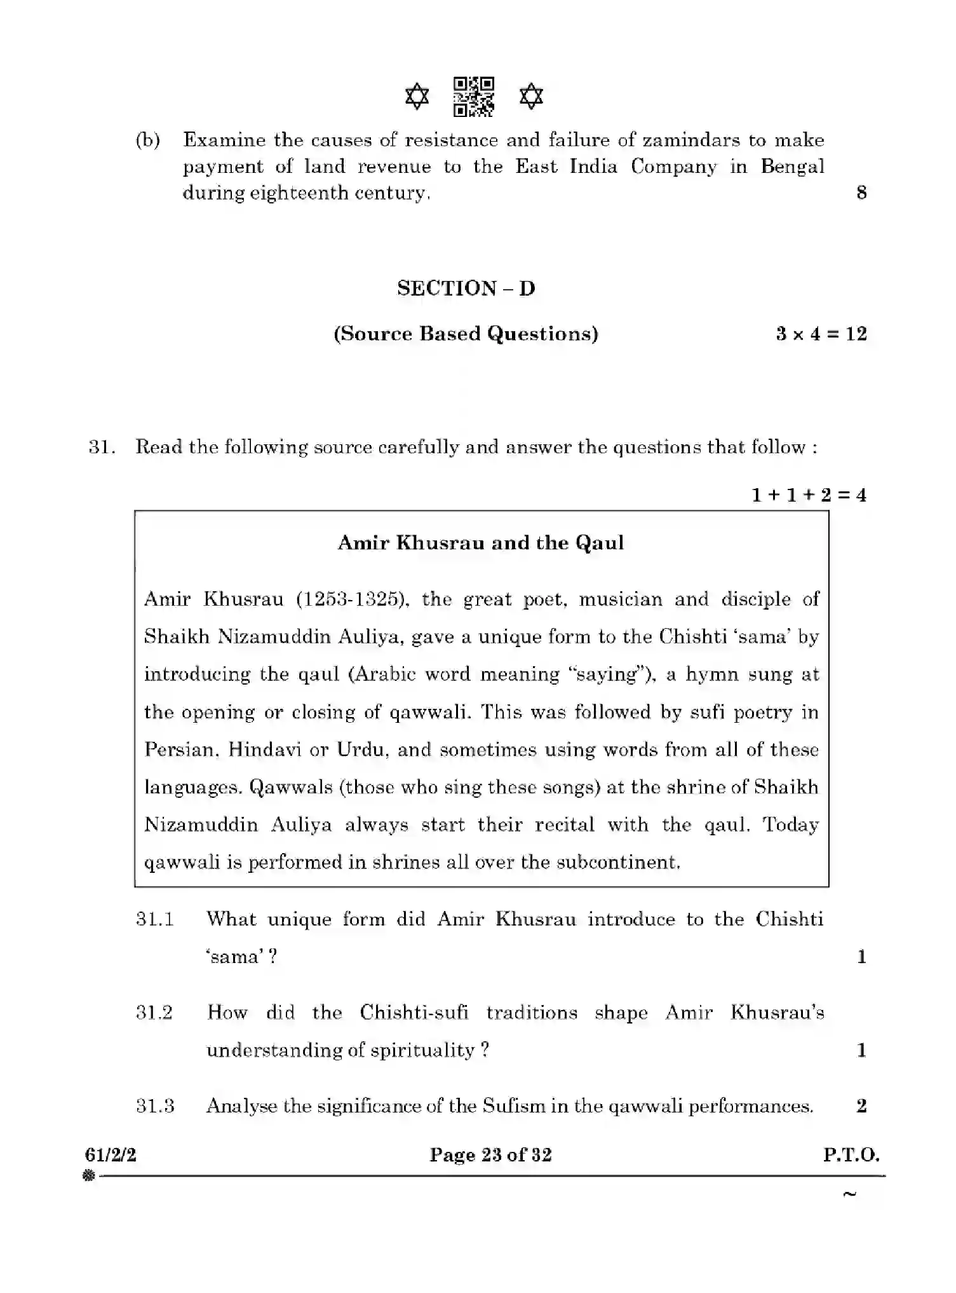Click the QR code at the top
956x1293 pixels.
(x=474, y=97)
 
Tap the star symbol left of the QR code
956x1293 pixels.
(x=417, y=97)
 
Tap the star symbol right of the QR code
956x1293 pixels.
(x=531, y=97)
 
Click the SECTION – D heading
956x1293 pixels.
(x=466, y=289)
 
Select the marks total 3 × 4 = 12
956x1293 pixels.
(x=821, y=334)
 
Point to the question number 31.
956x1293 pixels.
(x=101, y=447)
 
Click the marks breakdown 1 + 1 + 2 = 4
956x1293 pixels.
(x=809, y=495)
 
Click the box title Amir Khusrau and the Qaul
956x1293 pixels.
(x=481, y=543)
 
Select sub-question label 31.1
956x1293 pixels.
(x=155, y=919)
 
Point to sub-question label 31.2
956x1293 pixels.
(x=154, y=1013)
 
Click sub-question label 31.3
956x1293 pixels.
(x=155, y=1106)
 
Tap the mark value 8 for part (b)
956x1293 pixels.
(x=861, y=193)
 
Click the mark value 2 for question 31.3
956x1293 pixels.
(x=861, y=1106)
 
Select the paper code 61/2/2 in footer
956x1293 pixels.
(x=111, y=1155)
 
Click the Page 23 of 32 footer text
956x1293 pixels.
(x=490, y=1155)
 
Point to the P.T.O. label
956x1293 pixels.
(x=851, y=1155)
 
